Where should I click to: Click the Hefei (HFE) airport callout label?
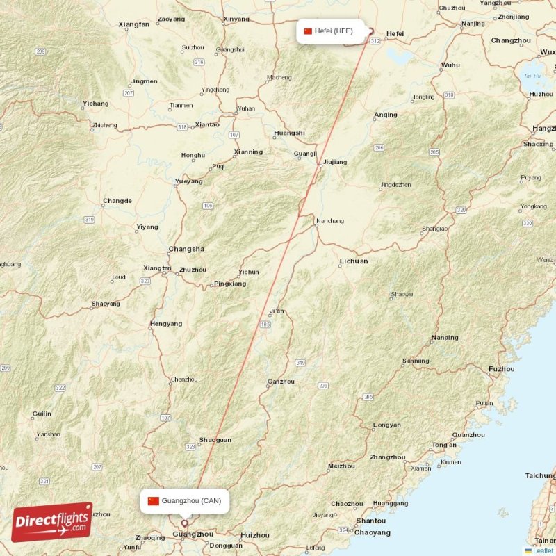pyautogui.click(x=329, y=31)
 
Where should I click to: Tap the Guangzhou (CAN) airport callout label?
pyautogui.click(x=185, y=501)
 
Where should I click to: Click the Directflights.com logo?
pyautogui.click(x=52, y=522)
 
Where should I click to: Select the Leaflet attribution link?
pyautogui.click(x=543, y=551)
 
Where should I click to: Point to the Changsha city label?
pyautogui.click(x=186, y=249)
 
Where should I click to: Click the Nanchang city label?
pyautogui.click(x=329, y=221)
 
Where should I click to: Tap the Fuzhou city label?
pyautogui.click(x=502, y=369)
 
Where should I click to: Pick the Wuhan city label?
pyautogui.click(x=245, y=108)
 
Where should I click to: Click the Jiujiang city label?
pyautogui.click(x=334, y=162)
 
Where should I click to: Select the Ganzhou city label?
pyautogui.click(x=281, y=382)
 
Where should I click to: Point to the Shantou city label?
pyautogui.click(x=370, y=521)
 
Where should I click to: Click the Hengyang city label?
pyautogui.click(x=166, y=324)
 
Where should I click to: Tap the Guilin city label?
pyautogui.click(x=42, y=414)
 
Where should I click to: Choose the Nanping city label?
pyautogui.click(x=445, y=338)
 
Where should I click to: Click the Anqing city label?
pyautogui.click(x=386, y=115)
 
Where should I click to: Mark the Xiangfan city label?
pyautogui.click(x=134, y=24)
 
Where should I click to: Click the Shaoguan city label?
pyautogui.click(x=215, y=440)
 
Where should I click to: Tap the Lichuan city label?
pyautogui.click(x=354, y=261)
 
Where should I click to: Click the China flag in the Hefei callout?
pyautogui.click(x=308, y=31)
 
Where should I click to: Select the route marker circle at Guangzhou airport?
pyautogui.click(x=184, y=524)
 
